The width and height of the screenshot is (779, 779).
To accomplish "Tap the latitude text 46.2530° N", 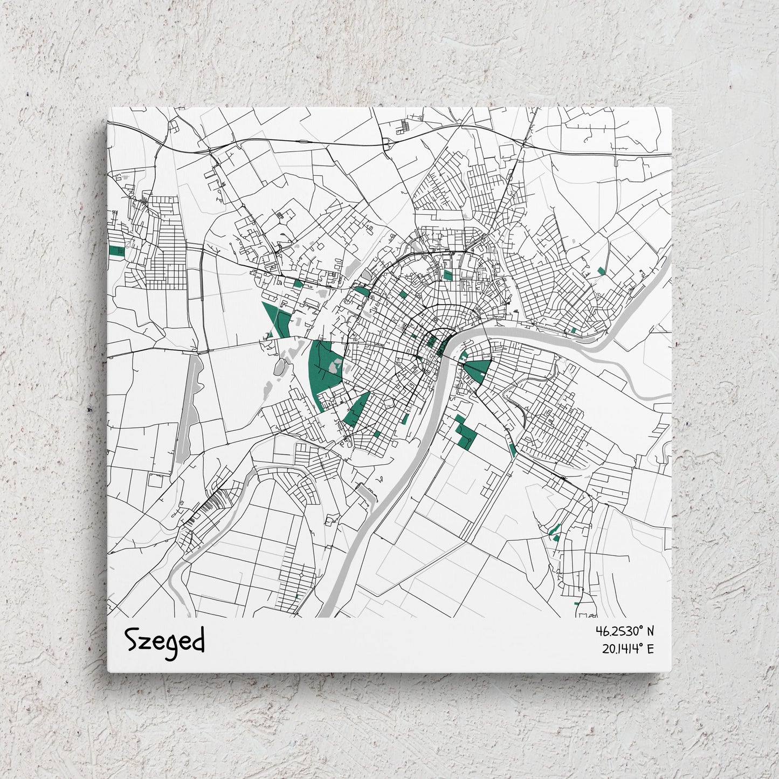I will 624,630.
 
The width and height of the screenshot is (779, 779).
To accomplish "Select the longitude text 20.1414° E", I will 628,649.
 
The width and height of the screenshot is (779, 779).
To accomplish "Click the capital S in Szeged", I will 132,639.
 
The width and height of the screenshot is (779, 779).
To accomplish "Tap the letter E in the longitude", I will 650,649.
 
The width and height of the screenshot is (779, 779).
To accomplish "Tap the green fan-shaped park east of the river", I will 478,370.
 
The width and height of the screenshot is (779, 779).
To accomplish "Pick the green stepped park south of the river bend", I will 465,435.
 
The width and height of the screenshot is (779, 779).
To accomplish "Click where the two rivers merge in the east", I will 593,345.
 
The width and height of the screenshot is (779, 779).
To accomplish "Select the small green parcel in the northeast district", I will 601,271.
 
